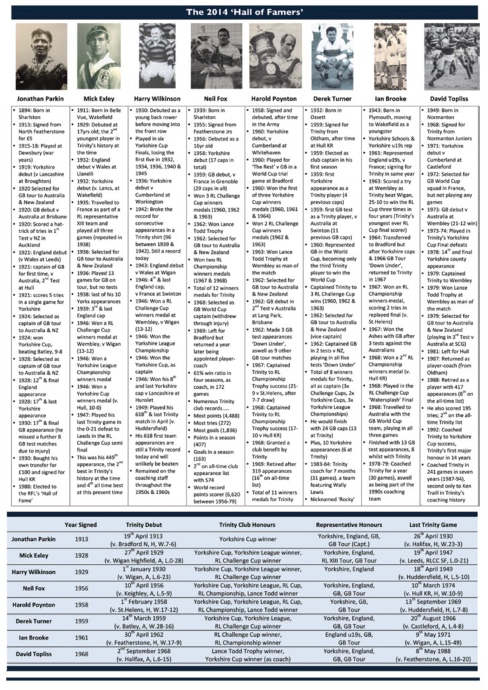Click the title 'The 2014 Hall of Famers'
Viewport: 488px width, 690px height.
244,11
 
